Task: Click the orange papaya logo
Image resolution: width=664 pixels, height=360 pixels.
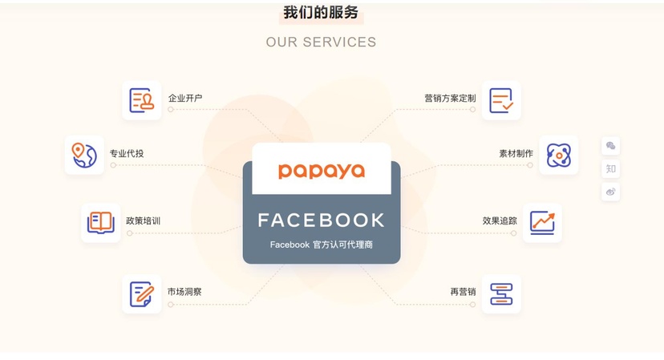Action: point(322,171)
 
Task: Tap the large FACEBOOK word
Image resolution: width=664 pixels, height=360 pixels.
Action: point(322,220)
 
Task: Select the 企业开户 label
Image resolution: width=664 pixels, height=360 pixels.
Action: point(185,99)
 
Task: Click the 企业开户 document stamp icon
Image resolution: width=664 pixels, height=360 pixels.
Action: point(141,100)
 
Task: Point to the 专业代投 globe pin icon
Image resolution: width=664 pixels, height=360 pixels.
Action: point(84,155)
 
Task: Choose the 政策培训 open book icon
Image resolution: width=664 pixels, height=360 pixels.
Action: point(101,223)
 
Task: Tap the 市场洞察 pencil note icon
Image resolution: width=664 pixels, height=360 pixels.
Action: point(142,294)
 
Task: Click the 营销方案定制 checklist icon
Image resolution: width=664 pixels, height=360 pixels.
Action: point(501,100)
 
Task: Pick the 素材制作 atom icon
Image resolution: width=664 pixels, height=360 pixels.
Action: point(559,155)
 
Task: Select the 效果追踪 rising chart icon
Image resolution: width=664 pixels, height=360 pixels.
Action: point(542,223)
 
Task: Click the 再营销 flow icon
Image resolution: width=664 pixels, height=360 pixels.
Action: point(501,294)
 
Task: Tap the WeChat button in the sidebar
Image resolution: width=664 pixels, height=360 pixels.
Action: point(610,146)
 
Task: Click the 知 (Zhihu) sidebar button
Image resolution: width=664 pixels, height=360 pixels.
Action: point(610,169)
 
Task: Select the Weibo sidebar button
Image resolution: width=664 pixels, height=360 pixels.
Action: point(610,192)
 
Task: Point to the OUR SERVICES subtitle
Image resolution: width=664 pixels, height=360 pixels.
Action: point(321,42)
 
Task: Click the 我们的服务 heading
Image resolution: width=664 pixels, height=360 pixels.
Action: point(321,12)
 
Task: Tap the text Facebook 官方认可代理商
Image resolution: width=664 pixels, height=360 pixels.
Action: point(322,245)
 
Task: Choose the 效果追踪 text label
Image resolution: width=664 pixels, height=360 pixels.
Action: point(500,220)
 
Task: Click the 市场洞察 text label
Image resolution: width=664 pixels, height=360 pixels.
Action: point(184,292)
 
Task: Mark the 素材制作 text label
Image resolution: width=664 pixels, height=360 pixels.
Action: point(516,153)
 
